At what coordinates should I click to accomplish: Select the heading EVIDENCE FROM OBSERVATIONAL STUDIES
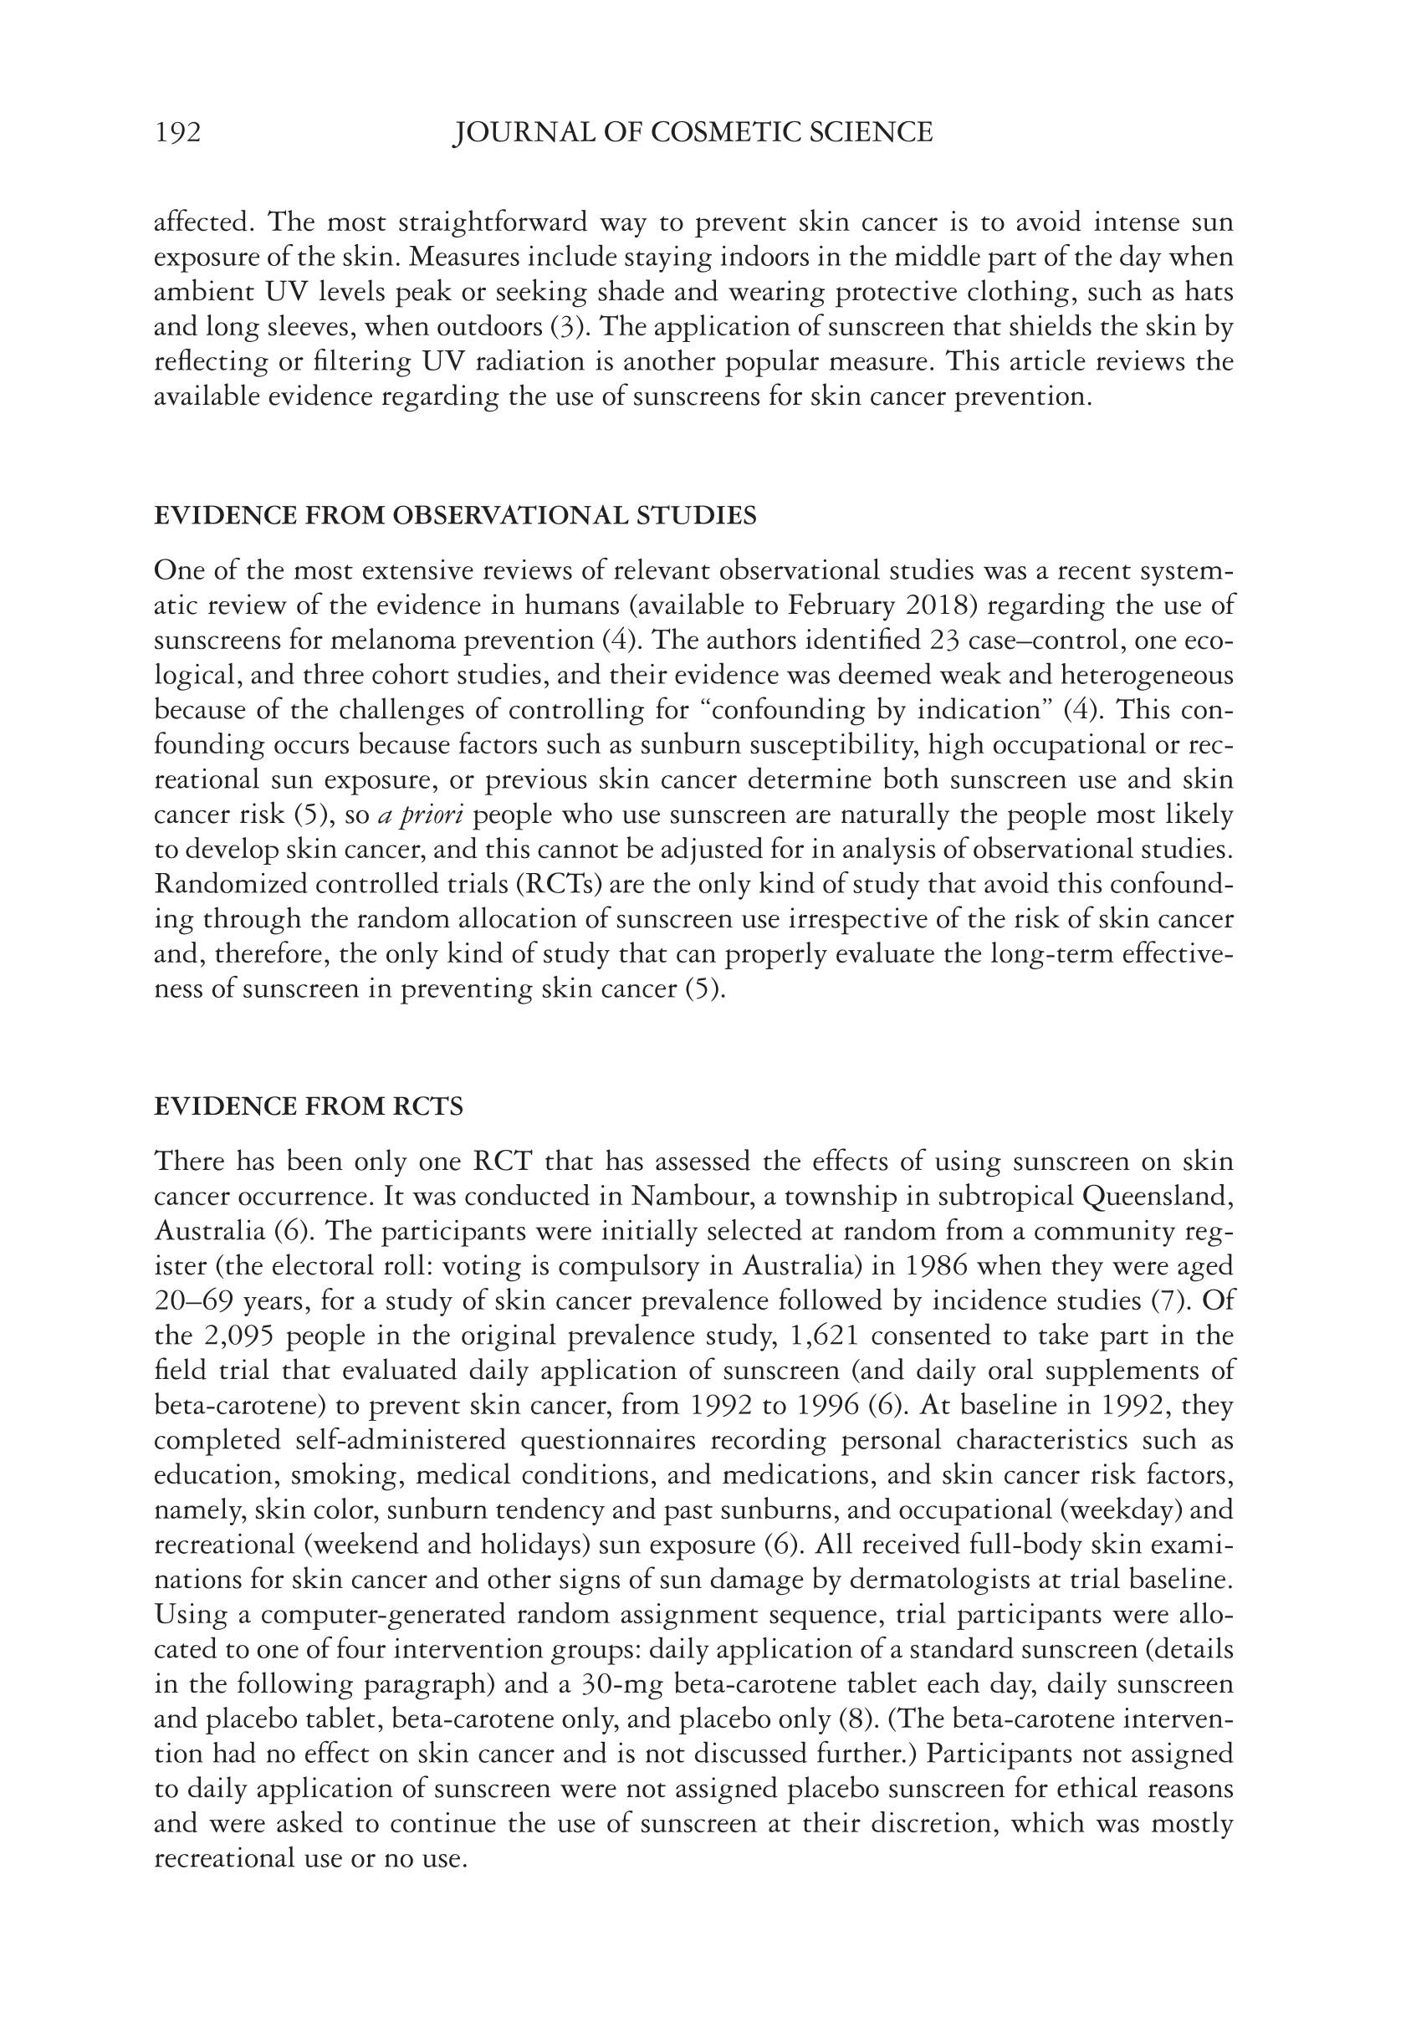[454, 516]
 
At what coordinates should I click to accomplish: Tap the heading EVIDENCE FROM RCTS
[308, 1107]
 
